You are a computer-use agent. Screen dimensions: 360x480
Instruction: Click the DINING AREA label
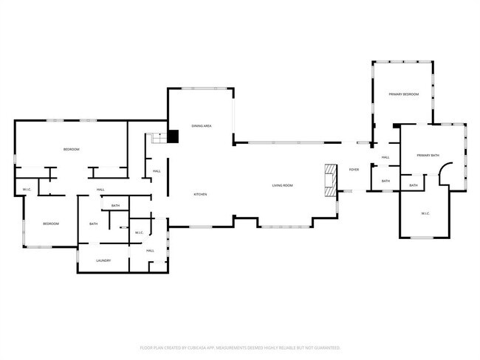pos(202,127)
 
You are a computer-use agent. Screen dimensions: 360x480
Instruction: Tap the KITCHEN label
pos(199,194)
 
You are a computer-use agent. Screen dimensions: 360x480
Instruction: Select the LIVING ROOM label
pos(282,185)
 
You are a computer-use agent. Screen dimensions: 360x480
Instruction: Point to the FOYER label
pos(354,170)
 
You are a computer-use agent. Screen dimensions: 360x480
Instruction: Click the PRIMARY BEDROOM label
pos(404,94)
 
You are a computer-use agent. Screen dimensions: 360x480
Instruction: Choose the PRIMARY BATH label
pos(428,155)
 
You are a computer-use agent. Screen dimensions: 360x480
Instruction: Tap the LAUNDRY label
pos(103,260)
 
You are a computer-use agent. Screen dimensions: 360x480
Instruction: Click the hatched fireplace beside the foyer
pos(329,179)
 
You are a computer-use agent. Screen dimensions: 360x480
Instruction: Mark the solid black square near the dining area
pos(174,136)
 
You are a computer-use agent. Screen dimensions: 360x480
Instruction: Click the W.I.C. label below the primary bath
pos(425,214)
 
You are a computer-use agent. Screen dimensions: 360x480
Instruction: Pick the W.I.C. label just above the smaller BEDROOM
pos(26,190)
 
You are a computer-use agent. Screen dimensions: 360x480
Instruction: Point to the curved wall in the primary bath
pos(444,174)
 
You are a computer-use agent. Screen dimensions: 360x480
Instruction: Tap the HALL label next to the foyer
pos(385,157)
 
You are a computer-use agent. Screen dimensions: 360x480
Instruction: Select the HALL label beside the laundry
pos(150,251)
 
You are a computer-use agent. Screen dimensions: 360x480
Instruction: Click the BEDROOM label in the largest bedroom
pos(71,150)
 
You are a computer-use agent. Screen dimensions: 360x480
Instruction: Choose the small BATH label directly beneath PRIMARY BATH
pos(414,185)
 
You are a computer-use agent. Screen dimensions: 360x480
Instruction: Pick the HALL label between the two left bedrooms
pos(100,190)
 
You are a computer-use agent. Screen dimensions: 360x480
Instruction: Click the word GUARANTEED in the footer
pos(325,347)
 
